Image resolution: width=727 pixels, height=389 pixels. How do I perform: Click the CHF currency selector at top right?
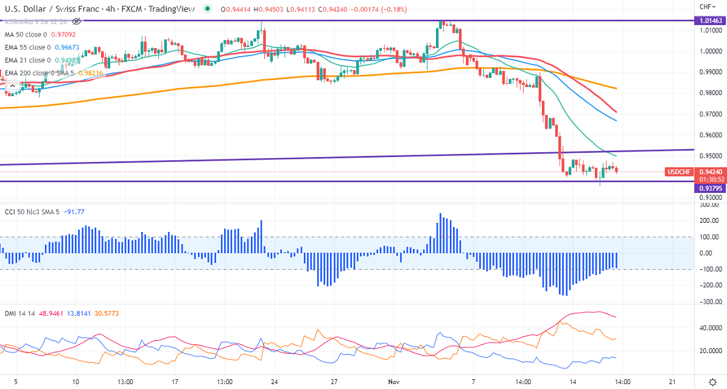click(x=707, y=7)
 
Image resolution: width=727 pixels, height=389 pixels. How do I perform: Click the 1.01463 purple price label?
click(x=711, y=21)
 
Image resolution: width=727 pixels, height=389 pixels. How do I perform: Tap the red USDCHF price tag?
click(x=679, y=172)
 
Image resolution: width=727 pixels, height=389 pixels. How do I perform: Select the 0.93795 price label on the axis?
click(x=711, y=188)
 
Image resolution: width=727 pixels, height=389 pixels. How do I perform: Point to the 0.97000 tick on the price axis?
click(x=710, y=114)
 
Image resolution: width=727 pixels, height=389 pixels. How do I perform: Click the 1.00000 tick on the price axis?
click(x=710, y=52)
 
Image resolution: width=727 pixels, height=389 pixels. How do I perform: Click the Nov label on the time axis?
click(x=394, y=382)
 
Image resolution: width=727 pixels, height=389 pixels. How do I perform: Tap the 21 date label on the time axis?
click(x=672, y=382)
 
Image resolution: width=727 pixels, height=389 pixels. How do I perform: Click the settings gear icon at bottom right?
click(x=713, y=381)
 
